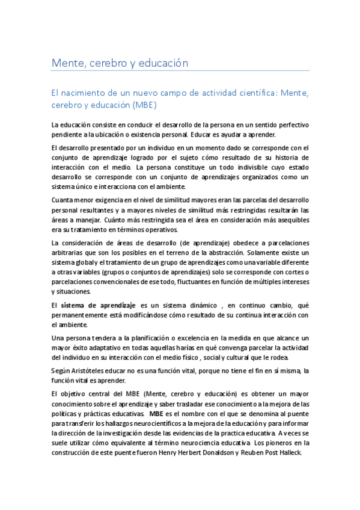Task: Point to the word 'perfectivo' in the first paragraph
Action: click(x=291, y=125)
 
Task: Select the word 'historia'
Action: click(x=295, y=158)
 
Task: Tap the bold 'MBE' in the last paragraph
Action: click(x=156, y=414)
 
